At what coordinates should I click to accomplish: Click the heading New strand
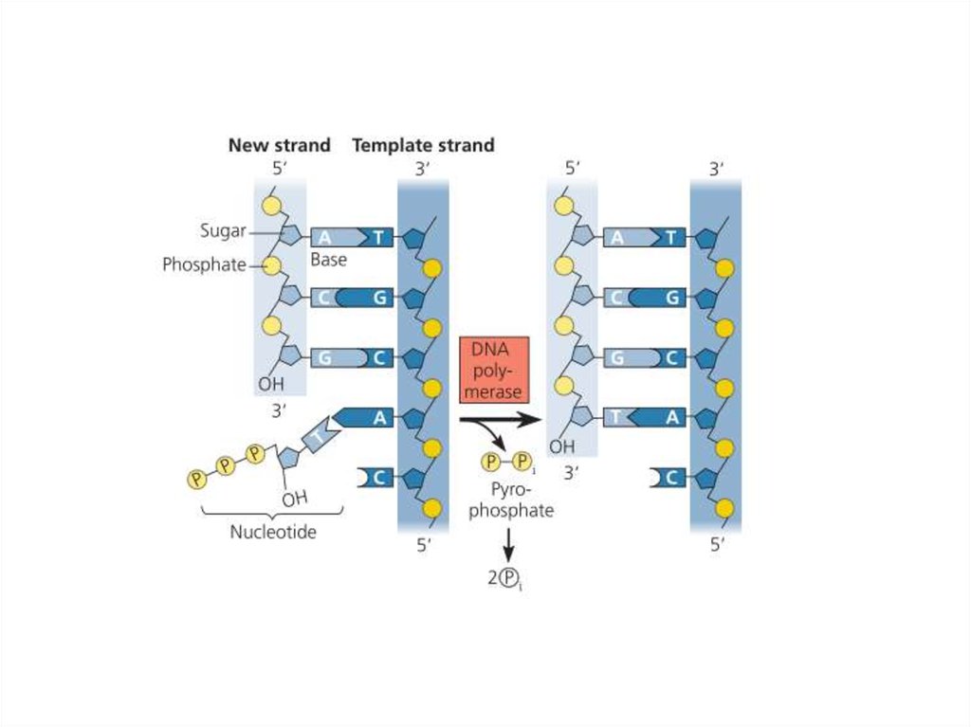click(x=279, y=146)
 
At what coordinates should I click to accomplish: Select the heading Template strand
click(x=423, y=146)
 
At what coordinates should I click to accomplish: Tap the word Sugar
click(x=223, y=230)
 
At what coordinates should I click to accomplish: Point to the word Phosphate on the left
click(x=204, y=264)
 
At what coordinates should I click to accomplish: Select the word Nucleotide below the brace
click(x=273, y=532)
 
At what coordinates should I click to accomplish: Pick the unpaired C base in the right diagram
click(x=670, y=478)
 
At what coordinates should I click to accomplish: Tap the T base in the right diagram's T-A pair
click(x=616, y=416)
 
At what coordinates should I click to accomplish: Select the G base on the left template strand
click(x=378, y=298)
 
